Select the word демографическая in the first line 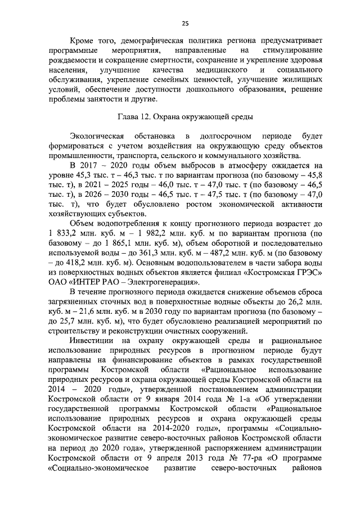145,42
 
